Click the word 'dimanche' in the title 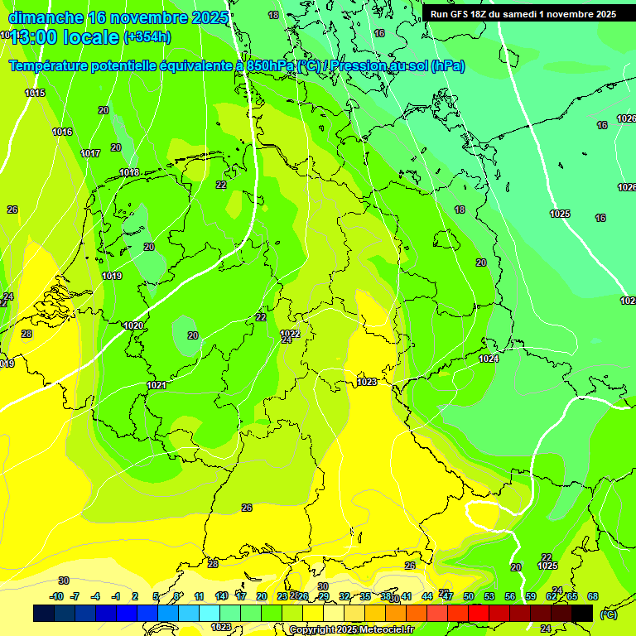[46, 17]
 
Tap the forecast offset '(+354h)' [147, 36]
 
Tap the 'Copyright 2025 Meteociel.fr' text [351, 630]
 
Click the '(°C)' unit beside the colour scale [608, 614]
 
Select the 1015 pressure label [35, 93]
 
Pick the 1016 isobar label [62, 132]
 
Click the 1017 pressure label [90, 153]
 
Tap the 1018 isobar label [129, 172]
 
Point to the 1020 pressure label [133, 325]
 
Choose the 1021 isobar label [157, 385]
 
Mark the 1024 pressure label [489, 359]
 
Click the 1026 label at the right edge [627, 187]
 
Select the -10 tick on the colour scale [56, 596]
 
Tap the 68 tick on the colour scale [593, 596]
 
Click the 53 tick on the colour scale [489, 596]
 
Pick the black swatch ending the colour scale [582, 613]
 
